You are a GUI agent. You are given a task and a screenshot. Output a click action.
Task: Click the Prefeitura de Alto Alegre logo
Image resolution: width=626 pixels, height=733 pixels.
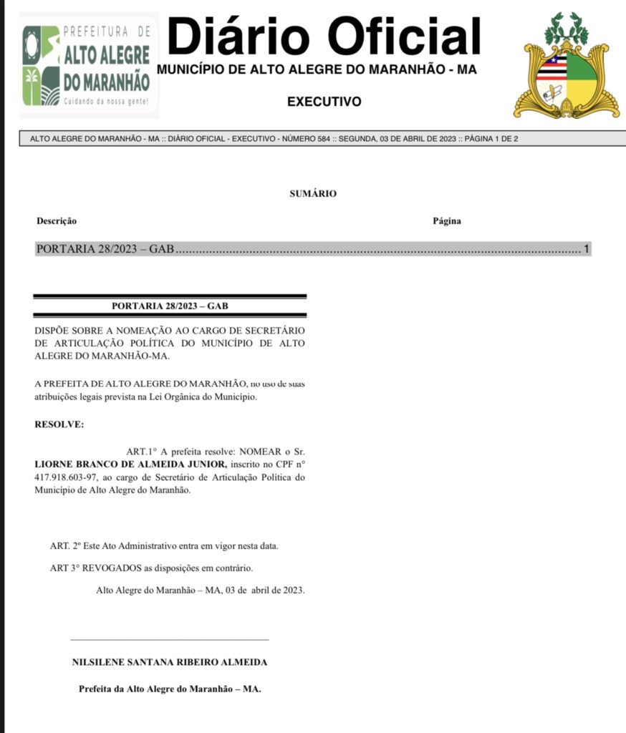tap(88, 65)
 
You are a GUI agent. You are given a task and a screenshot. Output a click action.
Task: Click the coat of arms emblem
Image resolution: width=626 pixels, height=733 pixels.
tap(566, 67)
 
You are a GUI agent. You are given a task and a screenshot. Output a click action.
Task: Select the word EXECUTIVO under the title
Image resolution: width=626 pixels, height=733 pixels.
tap(324, 102)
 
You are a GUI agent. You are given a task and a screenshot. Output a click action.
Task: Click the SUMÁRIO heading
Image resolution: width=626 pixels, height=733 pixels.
tap(313, 193)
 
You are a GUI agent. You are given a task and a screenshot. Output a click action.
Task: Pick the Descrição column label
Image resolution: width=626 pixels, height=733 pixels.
tap(57, 221)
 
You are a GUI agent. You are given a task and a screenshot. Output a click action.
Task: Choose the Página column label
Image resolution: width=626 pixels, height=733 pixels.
tap(447, 221)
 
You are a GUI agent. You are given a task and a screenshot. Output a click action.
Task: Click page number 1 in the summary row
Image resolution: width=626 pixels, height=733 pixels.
tap(586, 250)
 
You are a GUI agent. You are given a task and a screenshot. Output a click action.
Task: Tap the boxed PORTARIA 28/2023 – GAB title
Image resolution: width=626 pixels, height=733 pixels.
tap(170, 306)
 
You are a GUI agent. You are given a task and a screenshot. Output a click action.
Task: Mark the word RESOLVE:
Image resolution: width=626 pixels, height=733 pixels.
tap(59, 424)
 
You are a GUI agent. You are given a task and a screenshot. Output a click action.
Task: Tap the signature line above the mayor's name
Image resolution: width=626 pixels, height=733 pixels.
tap(170, 639)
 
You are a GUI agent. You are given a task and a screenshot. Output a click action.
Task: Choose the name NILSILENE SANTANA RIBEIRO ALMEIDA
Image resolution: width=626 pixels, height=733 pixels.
tap(170, 663)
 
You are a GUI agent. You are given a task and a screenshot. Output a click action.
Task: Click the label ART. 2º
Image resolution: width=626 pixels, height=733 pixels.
tap(64, 546)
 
